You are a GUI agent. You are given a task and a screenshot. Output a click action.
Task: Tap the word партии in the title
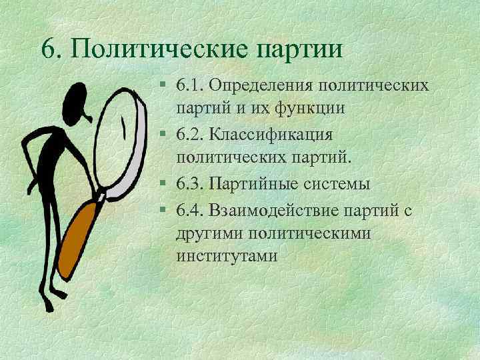point(299,49)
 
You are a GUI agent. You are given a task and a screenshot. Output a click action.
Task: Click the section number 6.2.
point(190,135)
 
